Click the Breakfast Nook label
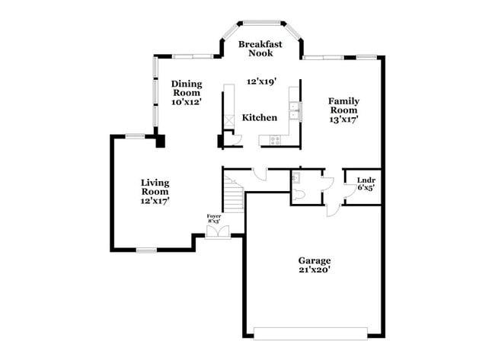[260, 49]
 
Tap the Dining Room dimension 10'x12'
[186, 102]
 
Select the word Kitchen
[259, 118]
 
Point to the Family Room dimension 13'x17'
[343, 119]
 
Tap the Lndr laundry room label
[365, 180]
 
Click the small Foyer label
[213, 216]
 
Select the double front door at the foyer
[216, 231]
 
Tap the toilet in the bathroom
[299, 195]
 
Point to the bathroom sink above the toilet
[298, 179]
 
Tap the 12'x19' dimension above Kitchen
[260, 81]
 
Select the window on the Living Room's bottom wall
[145, 250]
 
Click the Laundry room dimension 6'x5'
[366, 188]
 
